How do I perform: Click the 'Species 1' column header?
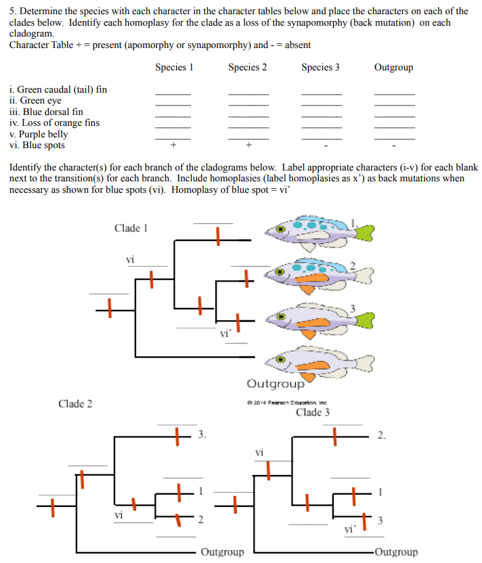click(x=174, y=68)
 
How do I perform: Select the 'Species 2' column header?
click(x=247, y=68)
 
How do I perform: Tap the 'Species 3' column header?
click(x=320, y=68)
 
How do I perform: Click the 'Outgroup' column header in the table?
click(x=393, y=68)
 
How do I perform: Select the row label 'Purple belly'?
click(x=41, y=134)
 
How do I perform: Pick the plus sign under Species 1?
click(x=173, y=145)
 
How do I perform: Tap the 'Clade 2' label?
click(x=75, y=404)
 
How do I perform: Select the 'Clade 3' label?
click(x=313, y=412)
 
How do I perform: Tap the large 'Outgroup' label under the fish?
click(x=276, y=384)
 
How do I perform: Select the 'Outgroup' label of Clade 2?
click(x=222, y=552)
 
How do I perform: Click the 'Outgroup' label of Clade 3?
click(x=396, y=552)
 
